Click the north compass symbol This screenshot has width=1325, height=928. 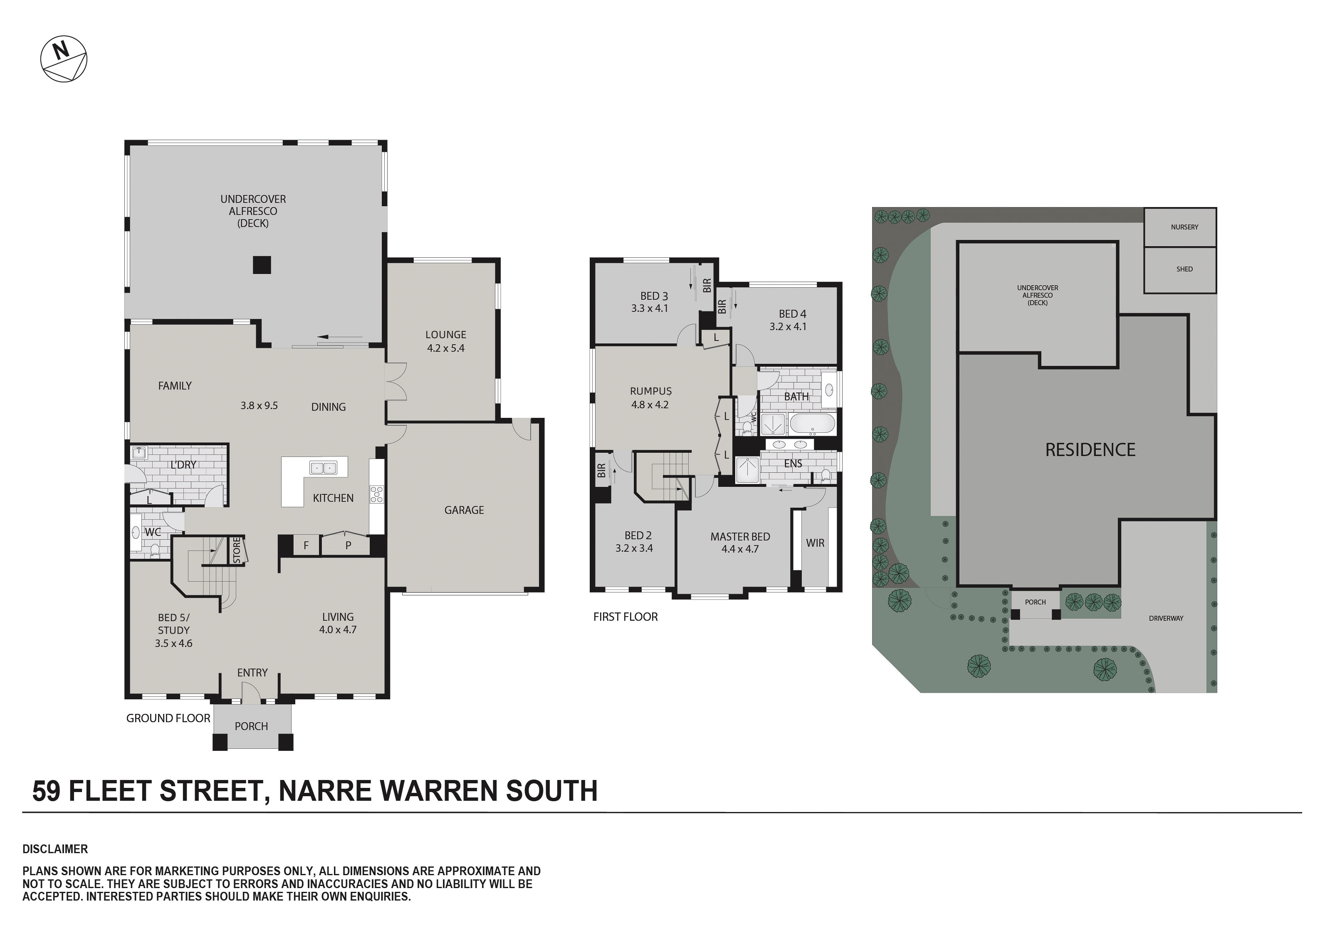tap(64, 59)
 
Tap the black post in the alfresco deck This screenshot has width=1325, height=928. tap(262, 264)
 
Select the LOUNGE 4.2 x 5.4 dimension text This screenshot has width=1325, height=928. tap(445, 348)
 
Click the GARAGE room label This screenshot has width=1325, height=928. tap(464, 510)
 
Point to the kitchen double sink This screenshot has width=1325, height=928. tap(323, 467)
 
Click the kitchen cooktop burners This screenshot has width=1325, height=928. tap(377, 495)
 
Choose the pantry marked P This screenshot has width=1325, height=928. tap(348, 545)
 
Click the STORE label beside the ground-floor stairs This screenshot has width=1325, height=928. tap(237, 550)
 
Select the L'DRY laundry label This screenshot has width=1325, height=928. tap(183, 464)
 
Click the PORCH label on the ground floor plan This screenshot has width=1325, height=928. tap(251, 726)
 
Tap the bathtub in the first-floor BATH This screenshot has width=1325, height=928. tap(812, 424)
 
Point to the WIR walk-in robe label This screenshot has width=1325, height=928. tap(815, 543)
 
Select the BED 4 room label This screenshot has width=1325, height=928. tap(792, 314)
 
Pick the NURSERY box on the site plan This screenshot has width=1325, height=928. tap(1180, 227)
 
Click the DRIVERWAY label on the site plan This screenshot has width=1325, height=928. tap(1166, 618)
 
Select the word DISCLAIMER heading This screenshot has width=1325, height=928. tap(55, 849)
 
